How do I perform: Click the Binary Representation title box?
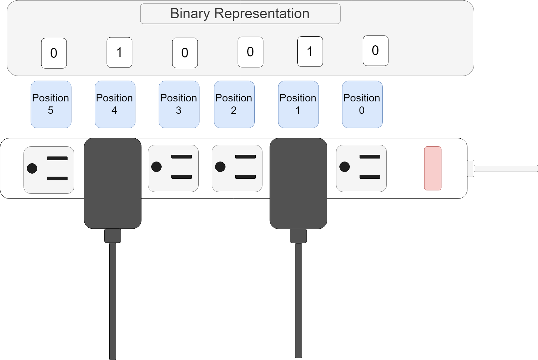click(x=240, y=14)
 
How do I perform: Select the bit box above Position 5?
click(x=54, y=53)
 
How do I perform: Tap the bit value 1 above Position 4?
click(x=119, y=52)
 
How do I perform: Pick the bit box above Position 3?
click(x=185, y=53)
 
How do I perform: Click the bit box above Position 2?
click(x=250, y=52)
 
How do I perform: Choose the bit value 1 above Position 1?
click(x=310, y=51)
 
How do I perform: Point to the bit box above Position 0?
click(x=375, y=50)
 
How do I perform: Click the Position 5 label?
click(x=51, y=104)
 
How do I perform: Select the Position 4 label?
click(x=115, y=104)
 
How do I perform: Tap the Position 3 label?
click(x=179, y=104)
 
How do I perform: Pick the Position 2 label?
click(x=234, y=104)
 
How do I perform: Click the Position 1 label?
click(x=298, y=104)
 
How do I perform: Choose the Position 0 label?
click(x=362, y=104)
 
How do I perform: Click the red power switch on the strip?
click(x=432, y=168)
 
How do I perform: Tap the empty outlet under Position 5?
click(x=49, y=170)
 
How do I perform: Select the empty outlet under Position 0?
click(x=361, y=168)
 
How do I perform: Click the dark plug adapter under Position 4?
click(x=112, y=183)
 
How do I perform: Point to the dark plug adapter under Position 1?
click(x=298, y=183)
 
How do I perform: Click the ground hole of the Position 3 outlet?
click(x=156, y=167)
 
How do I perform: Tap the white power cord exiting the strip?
click(x=504, y=168)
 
